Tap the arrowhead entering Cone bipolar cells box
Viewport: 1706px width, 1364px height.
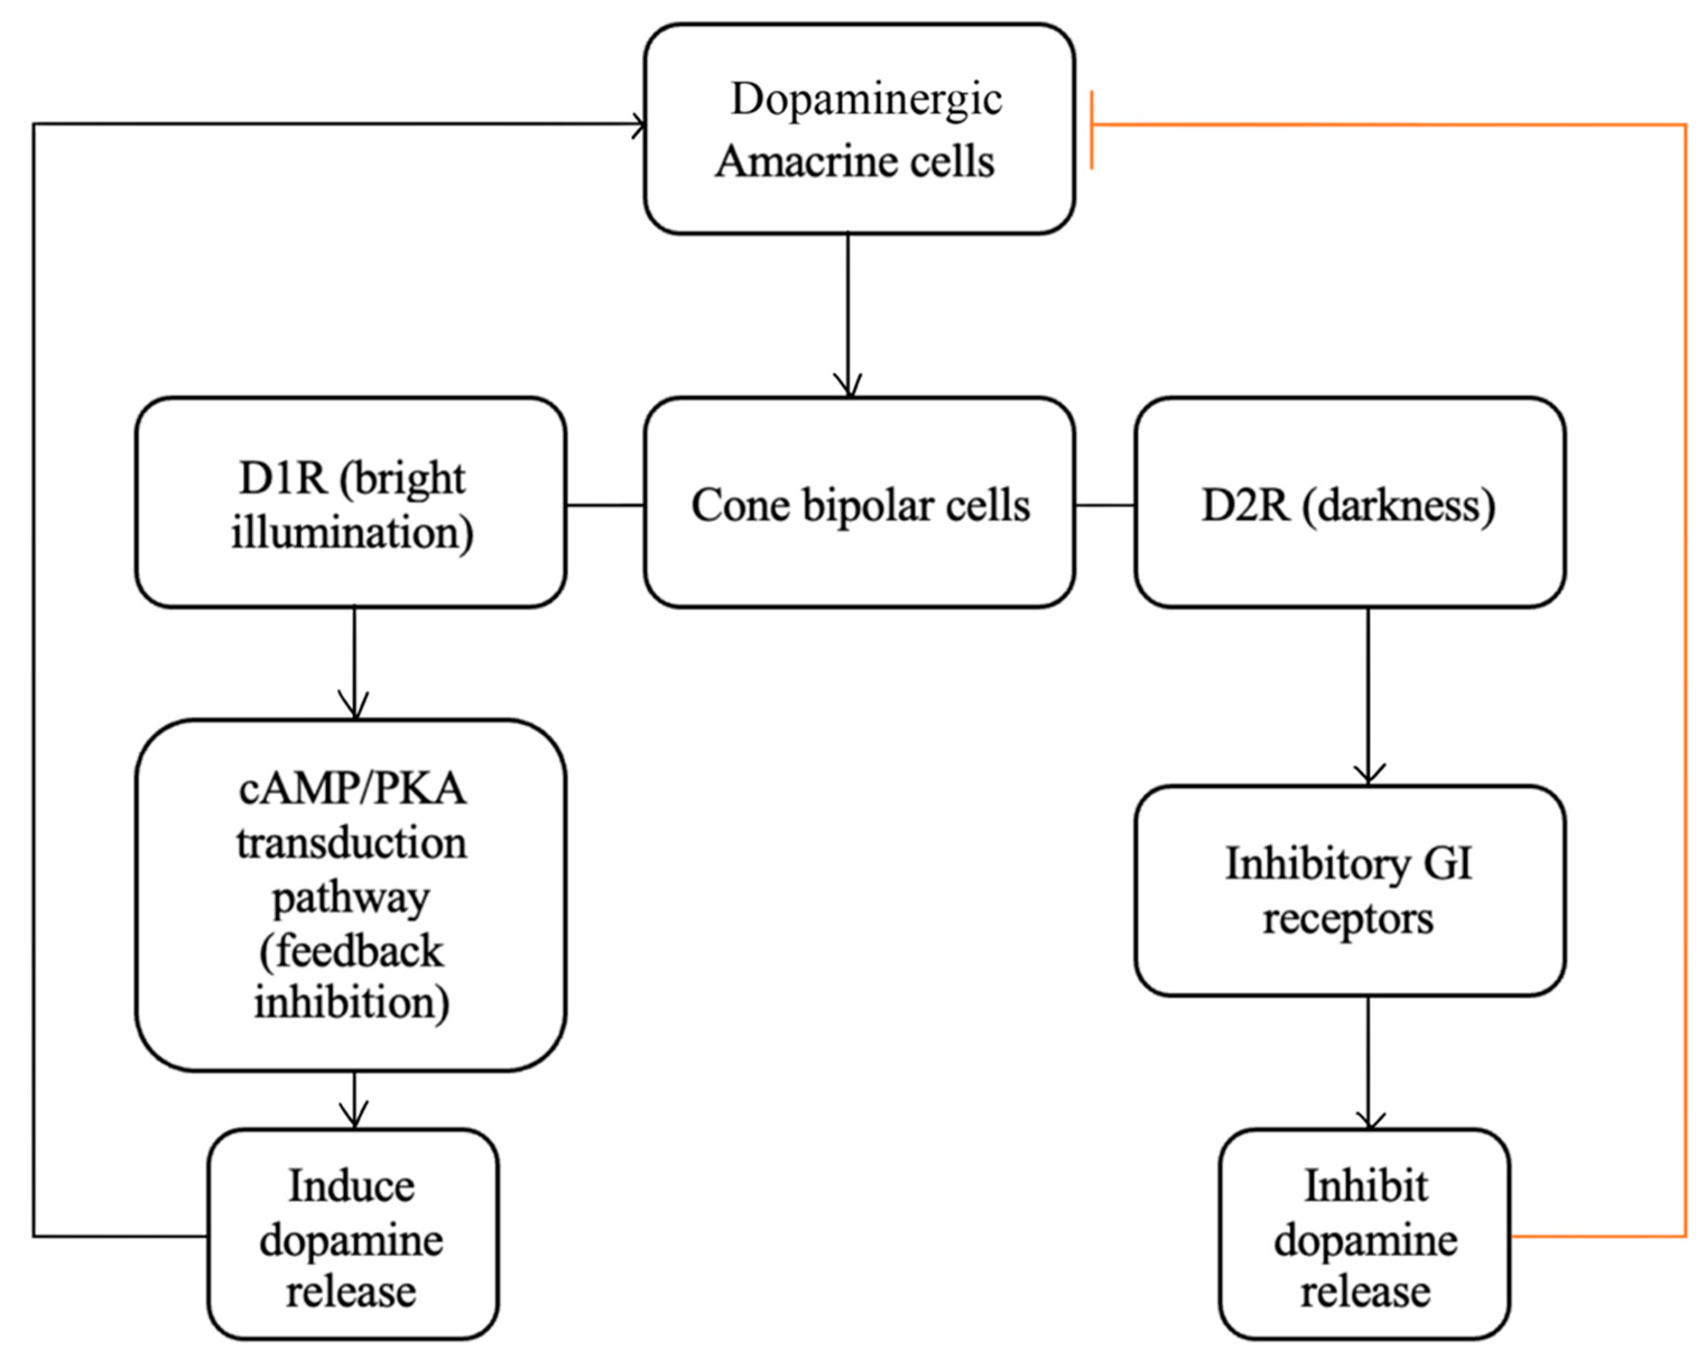(x=849, y=388)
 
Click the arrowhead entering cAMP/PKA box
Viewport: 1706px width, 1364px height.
(x=354, y=709)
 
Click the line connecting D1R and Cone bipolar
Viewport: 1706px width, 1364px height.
(x=605, y=504)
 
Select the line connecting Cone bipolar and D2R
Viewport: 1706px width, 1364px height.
(x=1105, y=504)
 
